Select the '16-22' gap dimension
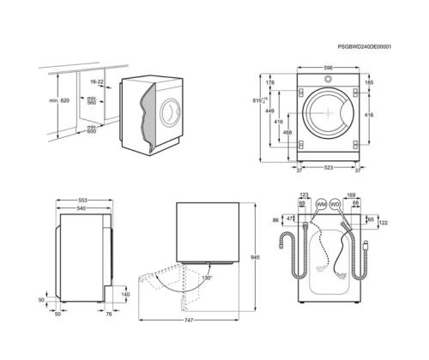tap(97, 81)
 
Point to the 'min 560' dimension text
tap(92, 101)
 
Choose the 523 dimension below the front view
tap(329, 169)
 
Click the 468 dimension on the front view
tap(287, 133)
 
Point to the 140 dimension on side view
tap(125, 294)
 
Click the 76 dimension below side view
tap(109, 315)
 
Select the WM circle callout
tap(321, 206)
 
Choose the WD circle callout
tap(335, 206)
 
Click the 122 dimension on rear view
tap(383, 223)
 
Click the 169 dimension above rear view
tap(350, 195)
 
